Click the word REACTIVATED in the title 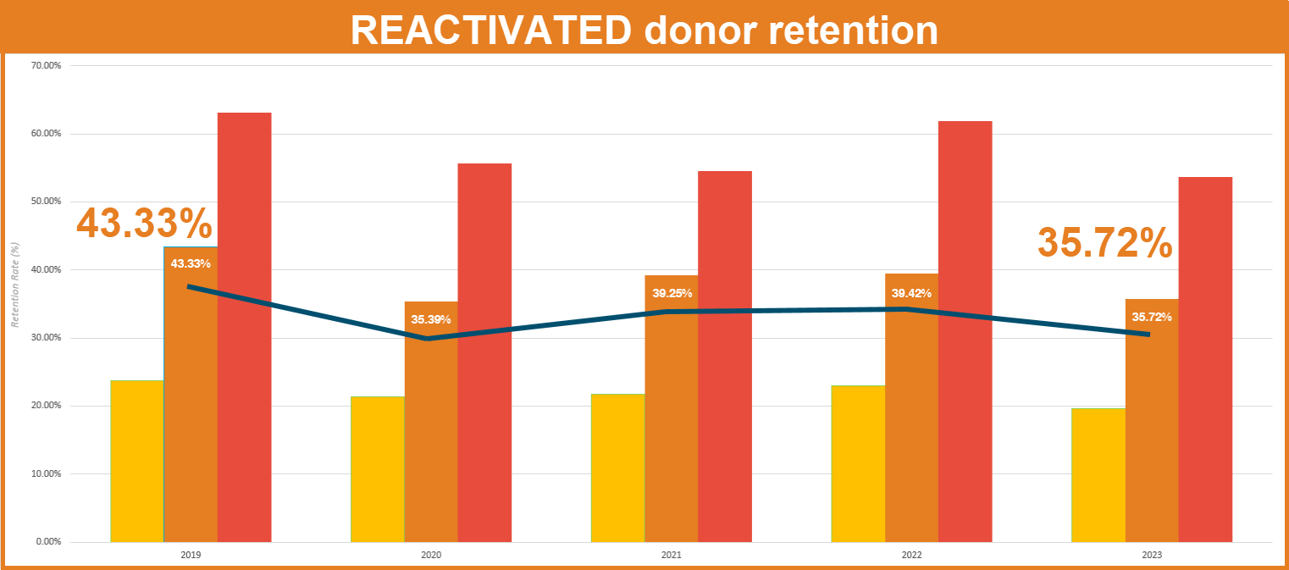click(x=489, y=30)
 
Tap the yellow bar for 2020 click(x=378, y=469)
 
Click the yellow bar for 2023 click(x=1098, y=475)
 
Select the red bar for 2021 click(x=725, y=357)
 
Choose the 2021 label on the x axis click(x=671, y=556)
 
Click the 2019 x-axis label click(x=191, y=556)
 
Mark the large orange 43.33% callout click(x=144, y=224)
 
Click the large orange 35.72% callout click(x=1105, y=242)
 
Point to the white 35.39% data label click(x=431, y=320)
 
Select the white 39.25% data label click(x=672, y=294)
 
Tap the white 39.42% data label click(x=911, y=294)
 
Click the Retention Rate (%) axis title click(x=14, y=285)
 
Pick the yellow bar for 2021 click(x=618, y=468)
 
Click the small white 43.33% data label click(x=191, y=264)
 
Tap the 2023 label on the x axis click(x=1152, y=556)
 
